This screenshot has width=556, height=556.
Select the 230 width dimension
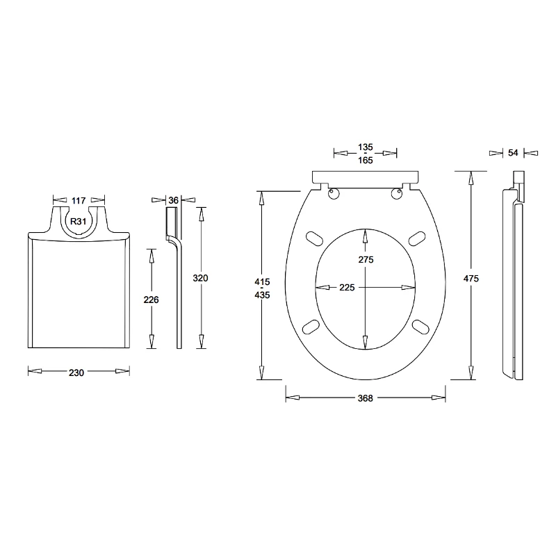click(76, 373)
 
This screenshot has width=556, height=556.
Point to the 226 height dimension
click(151, 300)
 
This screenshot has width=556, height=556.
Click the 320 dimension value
click(200, 277)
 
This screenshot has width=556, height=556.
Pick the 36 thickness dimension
click(174, 200)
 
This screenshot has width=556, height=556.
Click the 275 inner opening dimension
click(366, 259)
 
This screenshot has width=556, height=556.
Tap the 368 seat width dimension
click(366, 398)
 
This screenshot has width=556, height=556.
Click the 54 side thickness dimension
click(513, 153)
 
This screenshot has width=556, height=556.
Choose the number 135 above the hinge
click(366, 147)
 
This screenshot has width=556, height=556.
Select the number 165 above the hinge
click(366, 161)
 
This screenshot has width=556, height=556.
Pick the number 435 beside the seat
click(261, 295)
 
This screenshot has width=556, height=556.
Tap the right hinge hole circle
click(397, 194)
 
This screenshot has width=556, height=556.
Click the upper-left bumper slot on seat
click(313, 237)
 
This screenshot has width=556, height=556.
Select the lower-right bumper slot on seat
click(420, 325)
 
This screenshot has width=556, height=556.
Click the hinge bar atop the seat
click(366, 176)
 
